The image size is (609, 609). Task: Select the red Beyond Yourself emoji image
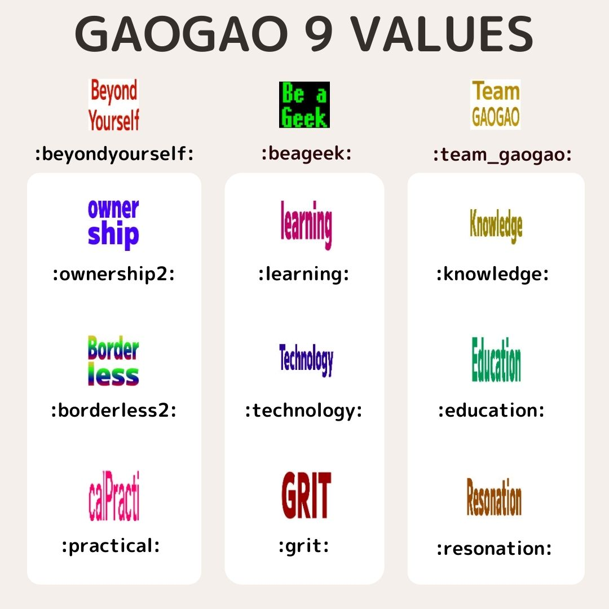(114, 105)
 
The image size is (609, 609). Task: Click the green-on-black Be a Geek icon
(304, 105)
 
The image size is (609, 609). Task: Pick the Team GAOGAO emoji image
(496, 105)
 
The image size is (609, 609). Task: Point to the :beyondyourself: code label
(114, 154)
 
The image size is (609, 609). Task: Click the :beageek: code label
(306, 153)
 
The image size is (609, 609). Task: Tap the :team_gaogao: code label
(502, 155)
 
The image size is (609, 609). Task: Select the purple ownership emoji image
(113, 224)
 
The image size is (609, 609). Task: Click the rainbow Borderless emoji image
(113, 361)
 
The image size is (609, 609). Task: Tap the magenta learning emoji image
(306, 226)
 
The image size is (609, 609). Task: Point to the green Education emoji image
(496, 360)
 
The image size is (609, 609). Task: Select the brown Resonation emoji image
(494, 497)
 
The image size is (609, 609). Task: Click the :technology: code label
(303, 411)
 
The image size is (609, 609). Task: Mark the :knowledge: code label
(492, 275)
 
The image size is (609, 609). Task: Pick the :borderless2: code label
(114, 411)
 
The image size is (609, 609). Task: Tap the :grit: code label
(304, 546)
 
